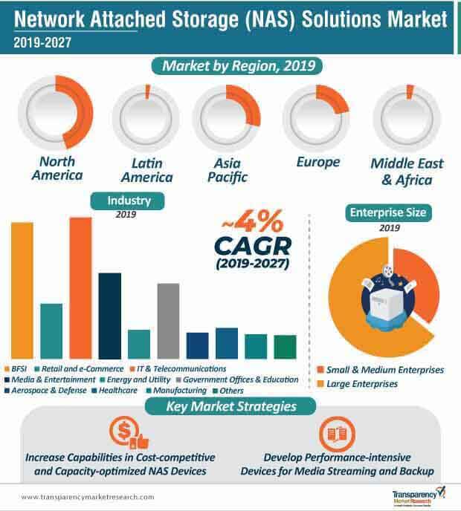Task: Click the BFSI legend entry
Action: [19, 368]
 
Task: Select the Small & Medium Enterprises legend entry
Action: [379, 369]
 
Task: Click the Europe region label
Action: [317, 162]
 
